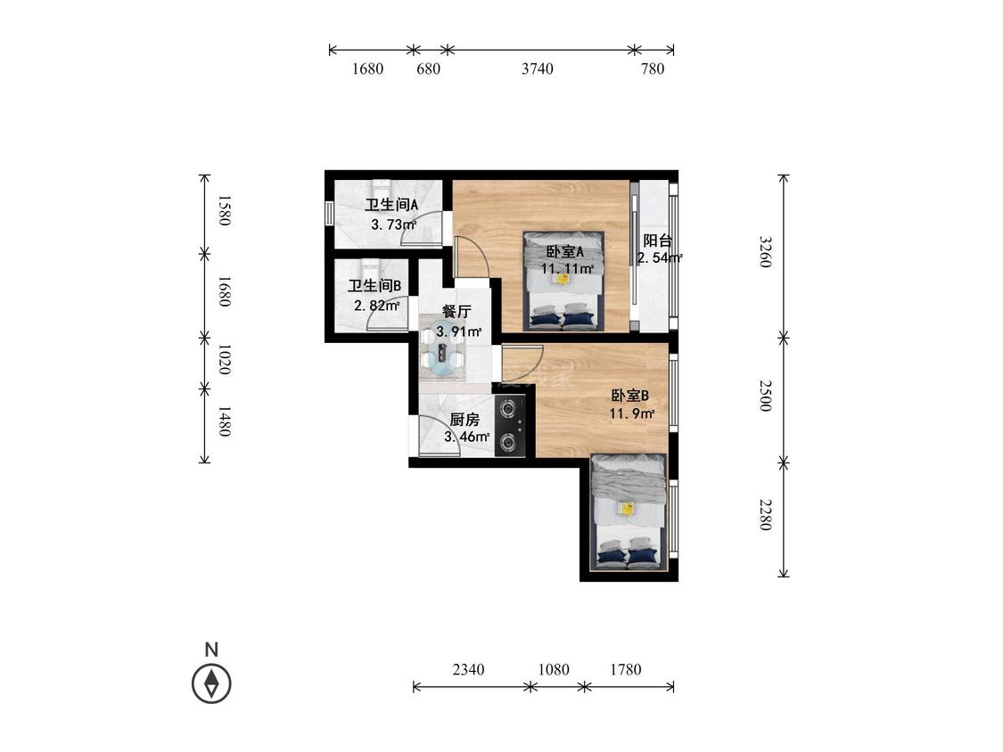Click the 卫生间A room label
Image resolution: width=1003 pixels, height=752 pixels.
[391, 205]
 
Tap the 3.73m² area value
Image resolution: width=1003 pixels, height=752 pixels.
[393, 225]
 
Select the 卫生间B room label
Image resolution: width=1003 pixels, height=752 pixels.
[374, 286]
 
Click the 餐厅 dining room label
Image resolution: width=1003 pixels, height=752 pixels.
[456, 312]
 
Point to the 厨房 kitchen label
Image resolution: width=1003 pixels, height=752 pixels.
[465, 420]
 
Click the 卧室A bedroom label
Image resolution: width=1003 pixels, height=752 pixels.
[564, 251]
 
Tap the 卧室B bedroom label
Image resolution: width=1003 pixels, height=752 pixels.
[630, 396]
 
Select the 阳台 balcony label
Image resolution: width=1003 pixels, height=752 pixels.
[658, 241]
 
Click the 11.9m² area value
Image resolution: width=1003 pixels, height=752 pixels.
[631, 413]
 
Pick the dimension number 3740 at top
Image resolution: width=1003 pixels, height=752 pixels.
[538, 69]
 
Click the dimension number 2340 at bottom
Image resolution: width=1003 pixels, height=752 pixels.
[468, 669]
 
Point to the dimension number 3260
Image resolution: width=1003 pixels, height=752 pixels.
[766, 252]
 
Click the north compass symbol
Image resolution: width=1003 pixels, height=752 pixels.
[211, 683]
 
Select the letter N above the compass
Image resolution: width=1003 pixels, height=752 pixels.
[211, 650]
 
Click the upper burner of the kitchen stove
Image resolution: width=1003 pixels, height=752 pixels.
[508, 407]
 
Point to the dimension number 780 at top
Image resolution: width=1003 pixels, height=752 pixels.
[653, 69]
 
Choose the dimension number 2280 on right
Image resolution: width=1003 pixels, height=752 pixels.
[766, 515]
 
